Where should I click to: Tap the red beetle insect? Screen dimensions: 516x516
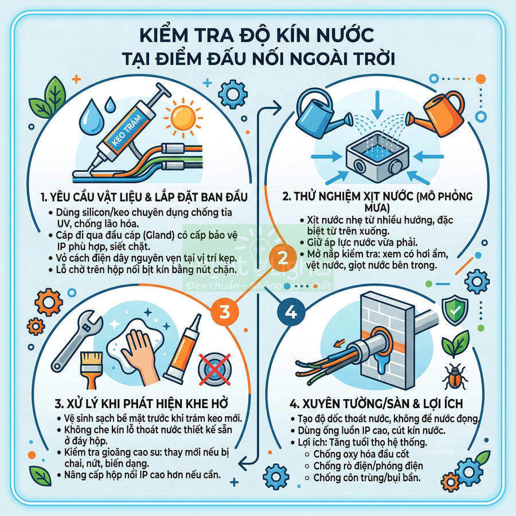point(458,377)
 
